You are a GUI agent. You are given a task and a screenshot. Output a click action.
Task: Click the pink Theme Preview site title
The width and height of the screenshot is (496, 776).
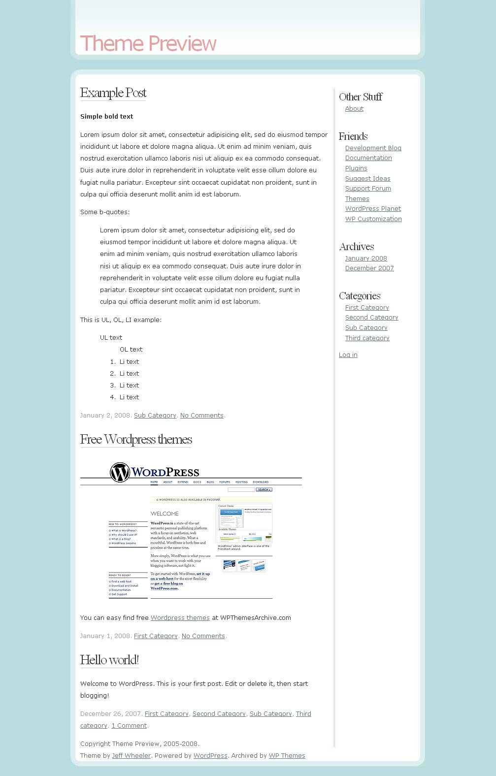click(148, 43)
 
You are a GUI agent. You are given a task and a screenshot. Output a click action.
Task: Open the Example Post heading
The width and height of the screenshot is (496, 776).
click(113, 93)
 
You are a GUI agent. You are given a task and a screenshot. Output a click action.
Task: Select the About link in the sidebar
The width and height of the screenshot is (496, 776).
click(354, 109)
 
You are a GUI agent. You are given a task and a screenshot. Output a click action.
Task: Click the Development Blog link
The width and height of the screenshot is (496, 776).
click(373, 148)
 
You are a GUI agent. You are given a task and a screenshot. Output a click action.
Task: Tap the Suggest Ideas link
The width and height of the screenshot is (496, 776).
click(367, 179)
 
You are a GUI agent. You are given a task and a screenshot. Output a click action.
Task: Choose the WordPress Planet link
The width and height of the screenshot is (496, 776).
click(373, 209)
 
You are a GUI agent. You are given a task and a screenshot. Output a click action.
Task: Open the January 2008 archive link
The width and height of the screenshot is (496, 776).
click(366, 259)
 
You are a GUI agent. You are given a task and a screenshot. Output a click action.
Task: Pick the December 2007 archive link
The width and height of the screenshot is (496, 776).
click(369, 268)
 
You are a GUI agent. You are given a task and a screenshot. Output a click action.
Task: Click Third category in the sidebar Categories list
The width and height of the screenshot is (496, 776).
click(367, 338)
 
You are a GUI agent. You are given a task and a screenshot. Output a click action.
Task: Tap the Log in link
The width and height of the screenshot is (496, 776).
click(348, 355)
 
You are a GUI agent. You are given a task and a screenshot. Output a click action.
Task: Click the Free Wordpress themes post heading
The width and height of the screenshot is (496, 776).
click(136, 439)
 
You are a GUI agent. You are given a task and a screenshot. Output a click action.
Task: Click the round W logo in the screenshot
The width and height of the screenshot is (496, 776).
click(120, 473)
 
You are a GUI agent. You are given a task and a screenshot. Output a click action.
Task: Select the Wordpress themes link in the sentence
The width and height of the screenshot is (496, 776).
click(180, 618)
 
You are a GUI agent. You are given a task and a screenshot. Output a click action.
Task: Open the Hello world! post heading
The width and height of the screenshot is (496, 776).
click(109, 660)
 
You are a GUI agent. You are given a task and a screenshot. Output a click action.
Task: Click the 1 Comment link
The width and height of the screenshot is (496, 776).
click(129, 726)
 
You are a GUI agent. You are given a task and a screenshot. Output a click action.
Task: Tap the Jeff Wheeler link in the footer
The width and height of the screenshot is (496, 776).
click(131, 756)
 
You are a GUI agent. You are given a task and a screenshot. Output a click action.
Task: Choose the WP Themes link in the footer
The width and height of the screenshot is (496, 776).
click(287, 756)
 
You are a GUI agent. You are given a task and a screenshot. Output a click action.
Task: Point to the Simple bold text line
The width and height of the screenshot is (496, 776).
click(106, 117)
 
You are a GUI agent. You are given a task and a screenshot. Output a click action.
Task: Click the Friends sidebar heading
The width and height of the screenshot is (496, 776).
click(353, 136)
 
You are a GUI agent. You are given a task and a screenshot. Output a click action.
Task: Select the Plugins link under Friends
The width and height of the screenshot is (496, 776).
click(356, 168)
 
